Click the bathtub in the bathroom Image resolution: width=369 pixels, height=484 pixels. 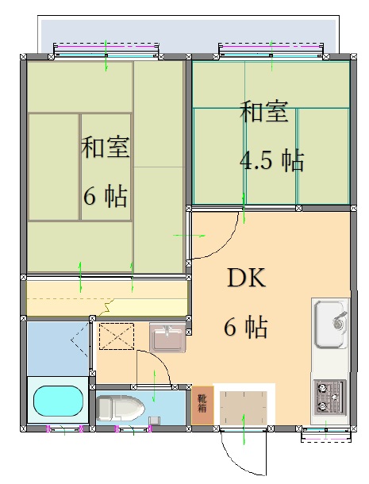(x=56, y=402)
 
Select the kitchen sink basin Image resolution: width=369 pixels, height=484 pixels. (x=329, y=325)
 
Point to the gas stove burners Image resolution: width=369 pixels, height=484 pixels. (x=330, y=394)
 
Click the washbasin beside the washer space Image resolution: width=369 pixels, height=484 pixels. (x=167, y=339)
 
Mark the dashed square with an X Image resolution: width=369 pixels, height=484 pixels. (x=116, y=336)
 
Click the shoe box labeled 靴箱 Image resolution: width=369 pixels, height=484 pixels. (x=202, y=404)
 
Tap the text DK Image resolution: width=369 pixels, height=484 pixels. (x=246, y=278)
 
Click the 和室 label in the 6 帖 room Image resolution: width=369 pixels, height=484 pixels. (x=105, y=148)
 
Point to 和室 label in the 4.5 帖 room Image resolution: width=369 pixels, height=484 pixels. (x=264, y=112)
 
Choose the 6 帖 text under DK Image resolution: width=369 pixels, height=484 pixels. (x=244, y=326)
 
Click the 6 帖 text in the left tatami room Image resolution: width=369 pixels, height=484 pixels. (x=105, y=196)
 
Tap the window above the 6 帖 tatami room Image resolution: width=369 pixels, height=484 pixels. (x=106, y=51)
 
